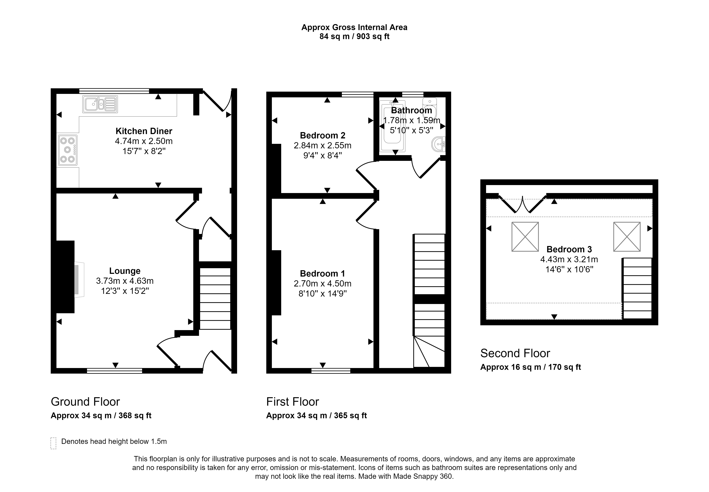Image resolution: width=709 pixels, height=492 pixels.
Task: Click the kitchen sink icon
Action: [100, 104]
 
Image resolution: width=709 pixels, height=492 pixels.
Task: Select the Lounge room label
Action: [125, 271]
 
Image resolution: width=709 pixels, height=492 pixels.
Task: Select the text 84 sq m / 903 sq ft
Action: [354, 36]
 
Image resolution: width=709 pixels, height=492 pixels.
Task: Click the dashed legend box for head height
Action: [53, 443]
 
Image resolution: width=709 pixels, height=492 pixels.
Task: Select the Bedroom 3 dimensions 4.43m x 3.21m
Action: [569, 259]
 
